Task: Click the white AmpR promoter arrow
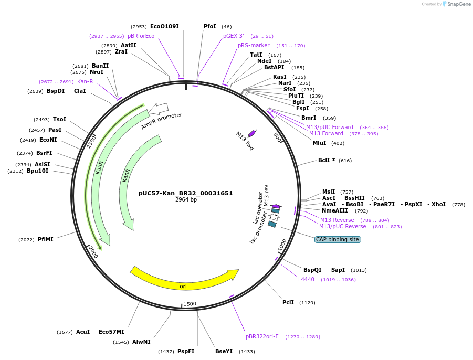tap(159, 109)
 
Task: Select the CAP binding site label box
tap(338, 239)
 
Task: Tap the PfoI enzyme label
tap(210, 26)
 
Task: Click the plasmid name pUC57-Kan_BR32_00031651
tap(186, 193)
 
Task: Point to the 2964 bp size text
tap(186, 200)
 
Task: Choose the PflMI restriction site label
tap(46, 239)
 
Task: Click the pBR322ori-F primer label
tap(262, 336)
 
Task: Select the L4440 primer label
tap(306, 279)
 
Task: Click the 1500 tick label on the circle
tap(190, 304)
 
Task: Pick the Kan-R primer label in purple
tap(85, 81)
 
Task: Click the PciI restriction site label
tap(288, 302)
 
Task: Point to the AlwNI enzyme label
tap(141, 342)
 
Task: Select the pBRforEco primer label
tap(141, 36)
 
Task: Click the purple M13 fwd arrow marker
tap(252, 133)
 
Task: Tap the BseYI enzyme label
tap(224, 351)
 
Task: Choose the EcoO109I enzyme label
tap(164, 26)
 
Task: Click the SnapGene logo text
tap(459, 4)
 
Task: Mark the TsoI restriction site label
tap(59, 119)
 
